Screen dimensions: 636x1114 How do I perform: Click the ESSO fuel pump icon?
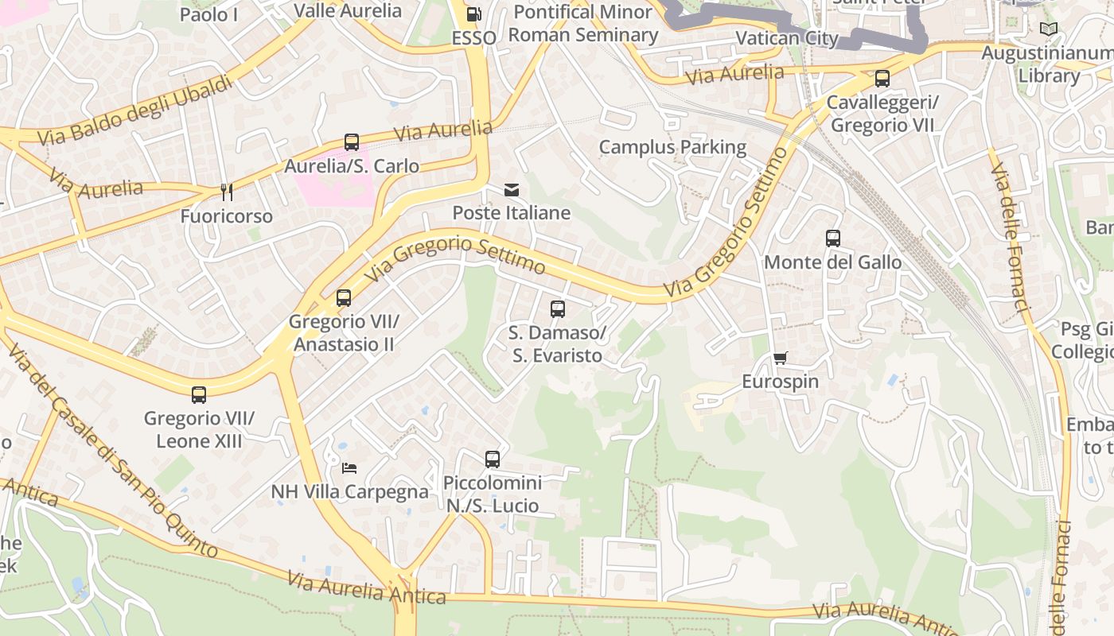(473, 14)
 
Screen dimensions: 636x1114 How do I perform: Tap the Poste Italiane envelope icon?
(511, 190)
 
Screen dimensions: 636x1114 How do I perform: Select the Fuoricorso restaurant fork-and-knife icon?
(227, 192)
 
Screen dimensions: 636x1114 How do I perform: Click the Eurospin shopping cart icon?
(780, 359)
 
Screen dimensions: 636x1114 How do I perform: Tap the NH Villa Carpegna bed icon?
(349, 468)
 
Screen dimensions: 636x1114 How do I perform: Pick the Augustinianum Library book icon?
(1049, 29)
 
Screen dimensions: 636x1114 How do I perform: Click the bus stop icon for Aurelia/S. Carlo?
(351, 142)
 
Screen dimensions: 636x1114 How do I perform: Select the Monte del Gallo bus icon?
(833, 238)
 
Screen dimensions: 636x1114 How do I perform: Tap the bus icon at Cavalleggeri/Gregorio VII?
(882, 79)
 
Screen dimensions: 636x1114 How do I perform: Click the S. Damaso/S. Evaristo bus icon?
(558, 309)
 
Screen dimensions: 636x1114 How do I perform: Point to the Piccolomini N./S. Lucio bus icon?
(493, 460)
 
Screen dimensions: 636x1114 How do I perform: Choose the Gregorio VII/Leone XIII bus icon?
(199, 394)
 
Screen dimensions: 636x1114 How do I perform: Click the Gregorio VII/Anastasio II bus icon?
(343, 298)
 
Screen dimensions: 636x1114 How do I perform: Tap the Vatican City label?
(787, 38)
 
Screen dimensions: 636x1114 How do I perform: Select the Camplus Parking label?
(672, 147)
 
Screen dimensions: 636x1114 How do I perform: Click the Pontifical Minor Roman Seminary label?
(583, 23)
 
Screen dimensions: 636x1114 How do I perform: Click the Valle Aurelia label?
(348, 10)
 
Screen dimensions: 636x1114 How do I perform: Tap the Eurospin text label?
(780, 382)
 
